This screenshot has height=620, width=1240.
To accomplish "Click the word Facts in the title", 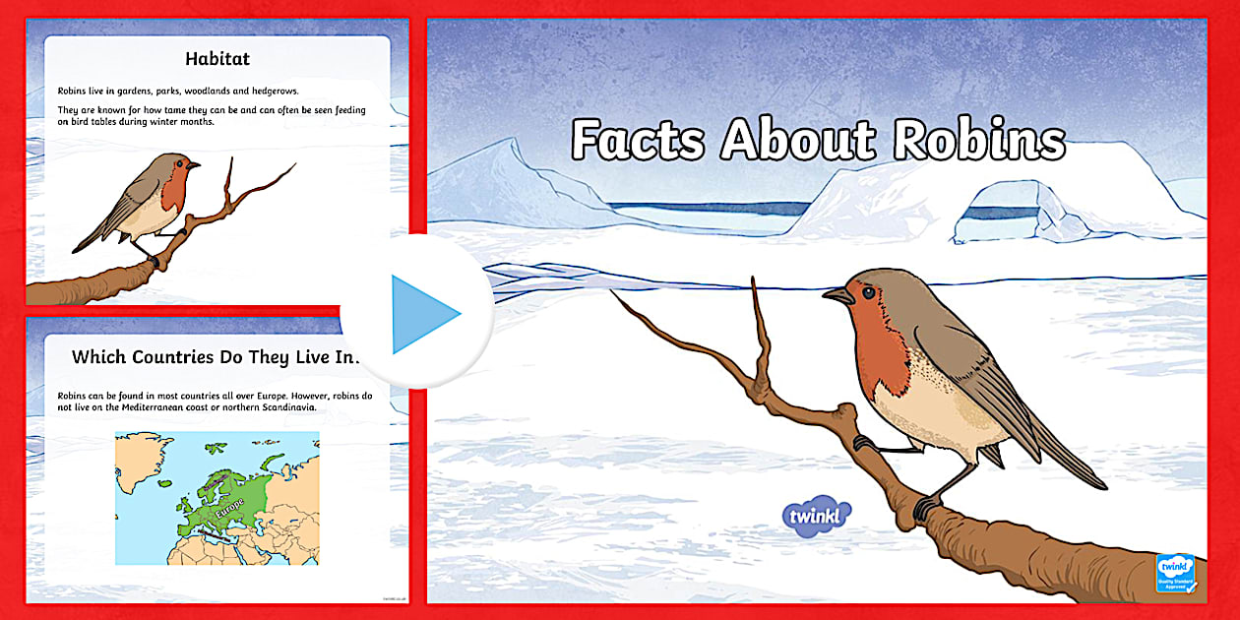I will point(638,140).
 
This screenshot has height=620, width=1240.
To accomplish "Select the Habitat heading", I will point(217,59).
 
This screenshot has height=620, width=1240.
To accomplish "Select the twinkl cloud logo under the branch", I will point(816,515).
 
